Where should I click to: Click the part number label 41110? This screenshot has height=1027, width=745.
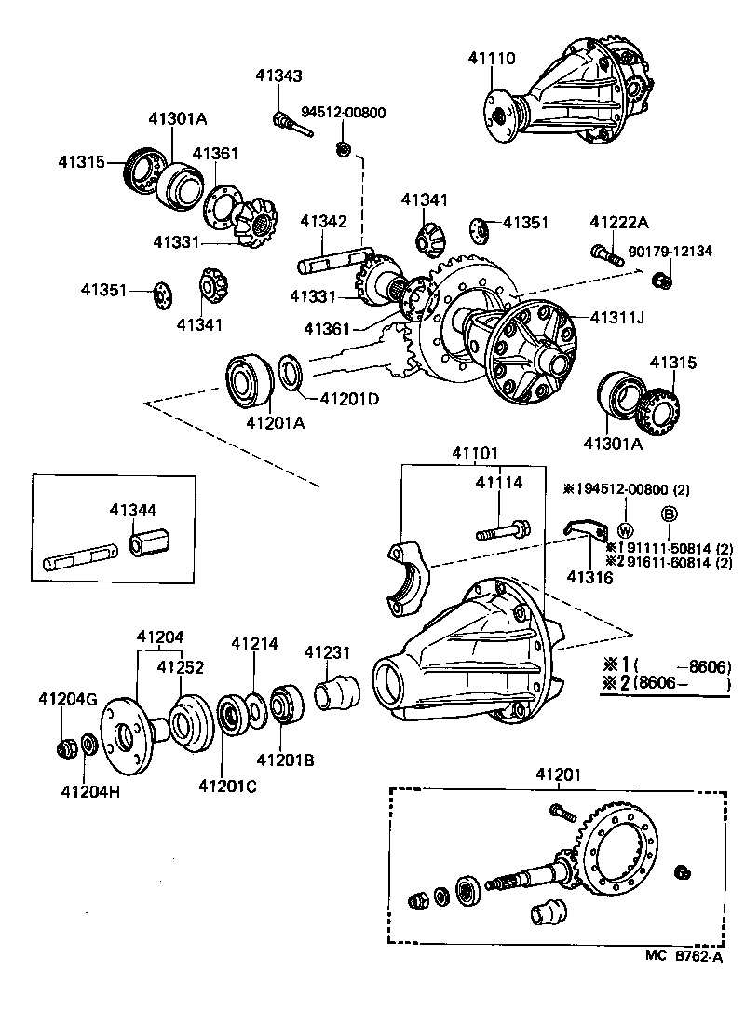click(x=491, y=59)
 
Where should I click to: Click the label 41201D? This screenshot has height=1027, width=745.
click(x=349, y=399)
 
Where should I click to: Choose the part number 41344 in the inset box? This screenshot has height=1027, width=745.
click(x=133, y=510)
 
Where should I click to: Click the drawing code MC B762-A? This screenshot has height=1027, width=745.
click(x=683, y=956)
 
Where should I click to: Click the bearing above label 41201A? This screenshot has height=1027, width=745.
click(x=251, y=382)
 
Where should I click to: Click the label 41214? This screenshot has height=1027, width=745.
click(x=254, y=643)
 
